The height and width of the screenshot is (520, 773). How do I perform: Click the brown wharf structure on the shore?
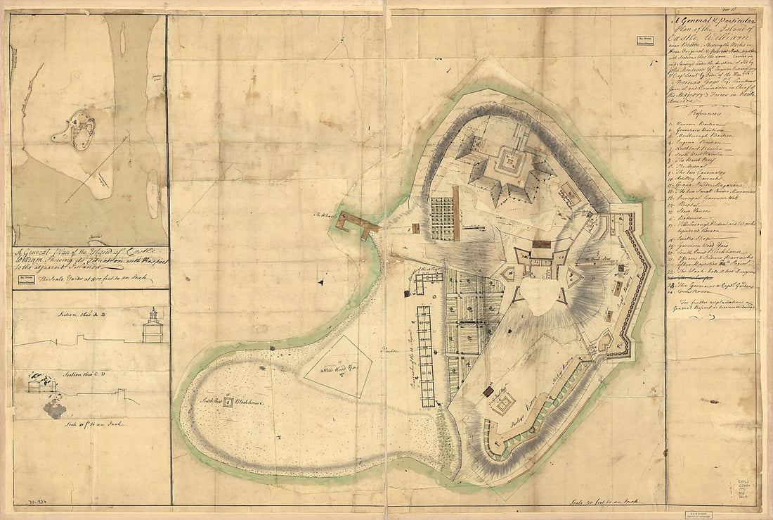356,224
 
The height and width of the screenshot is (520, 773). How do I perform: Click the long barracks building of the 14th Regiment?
425,356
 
